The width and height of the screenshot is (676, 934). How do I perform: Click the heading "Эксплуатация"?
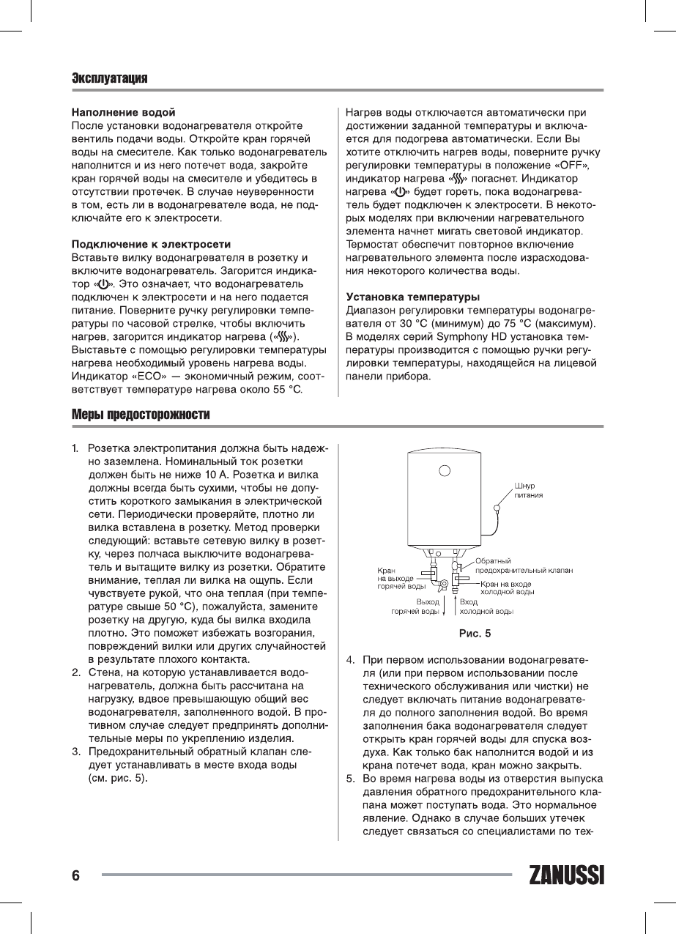point(110,78)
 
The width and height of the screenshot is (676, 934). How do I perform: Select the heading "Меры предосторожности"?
point(141,415)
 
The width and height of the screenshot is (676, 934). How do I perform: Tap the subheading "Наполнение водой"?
point(123,112)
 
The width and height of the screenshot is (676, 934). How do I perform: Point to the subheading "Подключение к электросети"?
point(151,243)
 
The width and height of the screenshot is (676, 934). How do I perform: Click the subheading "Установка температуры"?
point(412,297)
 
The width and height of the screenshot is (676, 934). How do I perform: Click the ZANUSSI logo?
point(565,876)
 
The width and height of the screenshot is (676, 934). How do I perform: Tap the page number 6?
point(75,876)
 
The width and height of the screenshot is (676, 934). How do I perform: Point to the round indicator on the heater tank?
point(445,470)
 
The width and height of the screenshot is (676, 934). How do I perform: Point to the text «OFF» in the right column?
point(573,165)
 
